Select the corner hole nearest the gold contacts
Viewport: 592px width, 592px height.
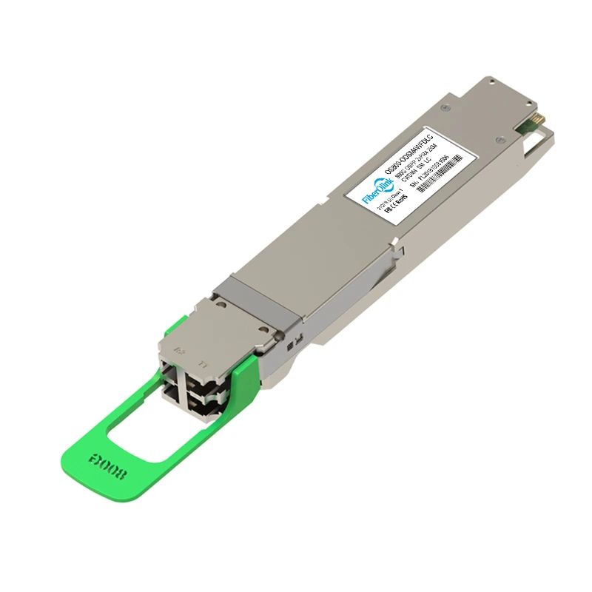pyautogui.click(x=514, y=95)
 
